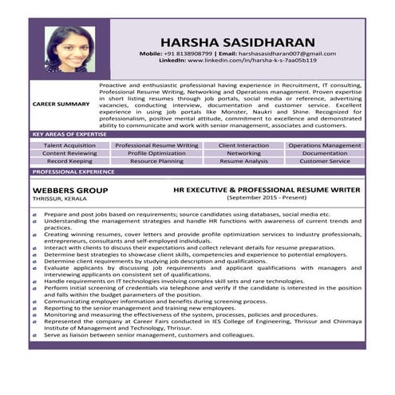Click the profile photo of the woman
69,49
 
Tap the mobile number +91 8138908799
192,53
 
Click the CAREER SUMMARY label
61,104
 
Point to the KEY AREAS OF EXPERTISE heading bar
70,135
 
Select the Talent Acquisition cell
69,146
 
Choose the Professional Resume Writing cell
156,146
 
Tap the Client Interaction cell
243,146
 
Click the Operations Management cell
325,146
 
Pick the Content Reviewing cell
69,153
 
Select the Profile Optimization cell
156,153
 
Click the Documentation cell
325,153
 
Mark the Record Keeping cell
69,161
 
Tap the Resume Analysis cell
243,161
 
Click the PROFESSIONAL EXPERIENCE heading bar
73,172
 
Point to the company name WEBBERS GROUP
70,191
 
